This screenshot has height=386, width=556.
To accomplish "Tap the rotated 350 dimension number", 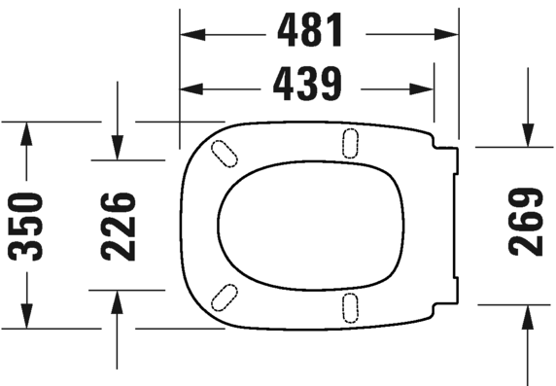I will pos(27,226).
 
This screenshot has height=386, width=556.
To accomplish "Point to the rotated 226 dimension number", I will pos(118,226).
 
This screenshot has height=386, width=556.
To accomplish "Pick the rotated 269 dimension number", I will pos(526,222).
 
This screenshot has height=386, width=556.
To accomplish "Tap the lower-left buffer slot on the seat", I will pos(226,296).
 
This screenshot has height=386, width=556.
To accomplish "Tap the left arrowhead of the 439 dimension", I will pos(189,88).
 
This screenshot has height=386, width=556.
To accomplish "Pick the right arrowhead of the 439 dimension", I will pos(425,88).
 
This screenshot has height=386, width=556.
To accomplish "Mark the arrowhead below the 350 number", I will pos(27,318).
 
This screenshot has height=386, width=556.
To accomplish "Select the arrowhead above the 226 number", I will pos(118,151).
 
